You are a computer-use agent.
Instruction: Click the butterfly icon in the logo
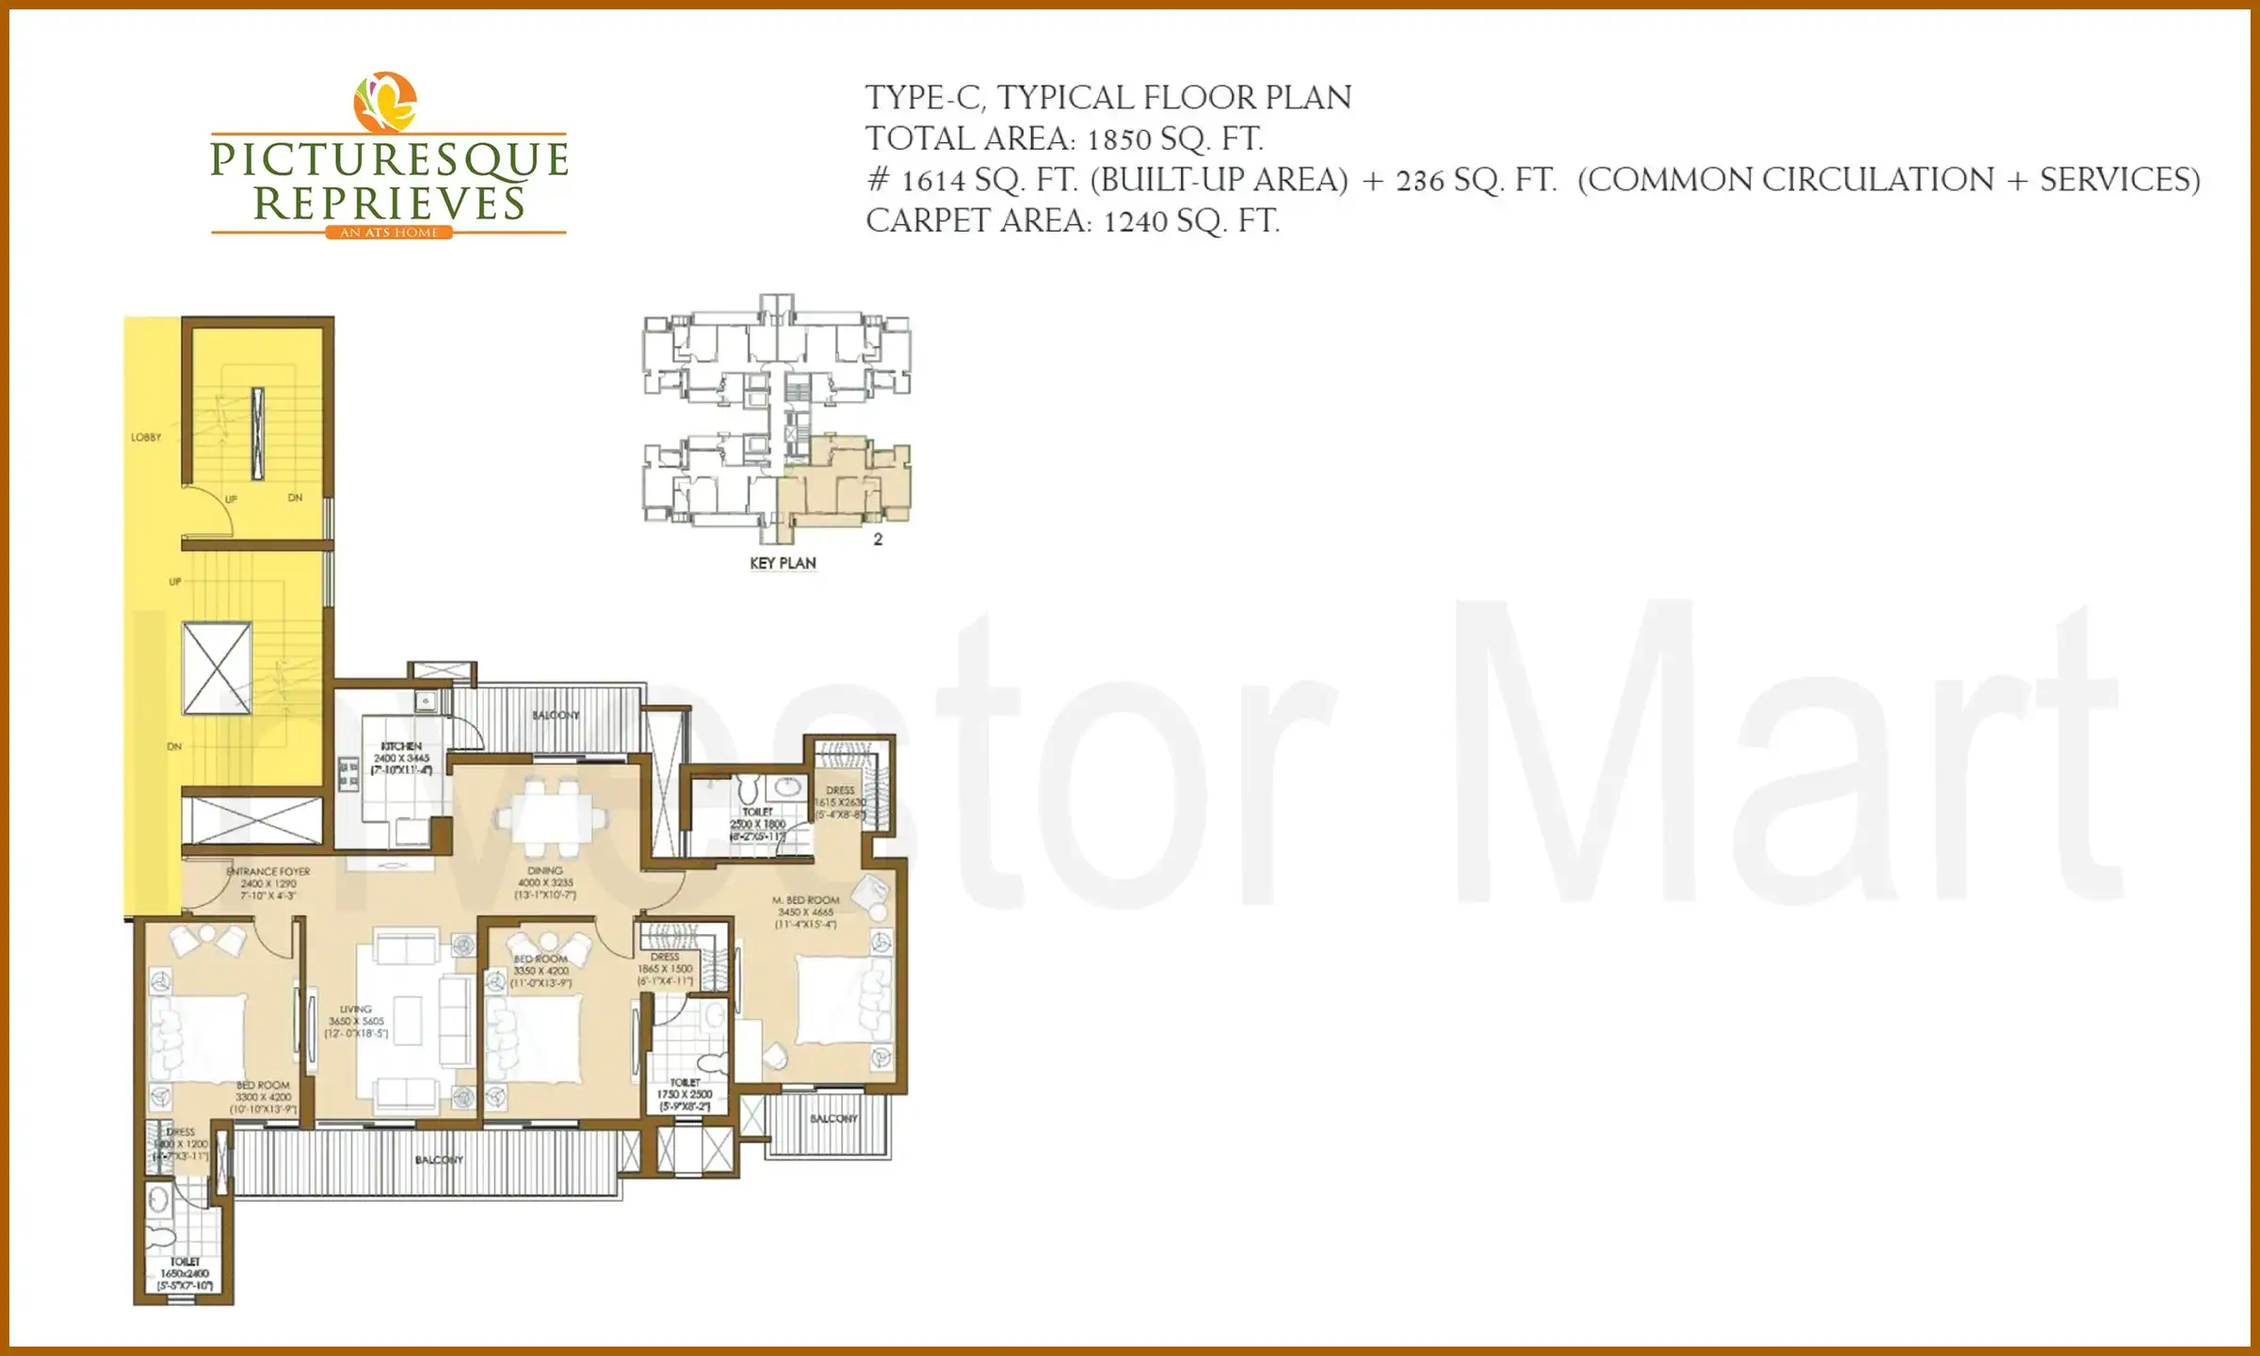[x=384, y=102]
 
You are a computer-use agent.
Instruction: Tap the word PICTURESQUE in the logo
[x=389, y=159]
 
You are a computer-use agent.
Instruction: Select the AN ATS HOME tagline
[x=389, y=233]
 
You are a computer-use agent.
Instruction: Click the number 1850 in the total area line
[x=1119, y=140]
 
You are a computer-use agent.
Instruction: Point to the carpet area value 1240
[x=1135, y=222]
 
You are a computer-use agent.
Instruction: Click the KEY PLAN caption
[x=783, y=563]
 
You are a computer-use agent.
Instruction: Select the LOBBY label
[x=146, y=437]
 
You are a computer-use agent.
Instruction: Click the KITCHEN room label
[x=401, y=746]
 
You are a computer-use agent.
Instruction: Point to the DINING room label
[x=545, y=871]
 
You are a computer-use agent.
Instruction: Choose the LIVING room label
[x=356, y=1009]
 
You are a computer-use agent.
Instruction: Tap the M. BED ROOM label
[x=806, y=900]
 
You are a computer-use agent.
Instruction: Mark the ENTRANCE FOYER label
[x=268, y=872]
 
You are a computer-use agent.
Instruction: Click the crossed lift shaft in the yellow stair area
[x=217, y=668]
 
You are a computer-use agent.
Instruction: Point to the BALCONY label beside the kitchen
[x=556, y=715]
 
